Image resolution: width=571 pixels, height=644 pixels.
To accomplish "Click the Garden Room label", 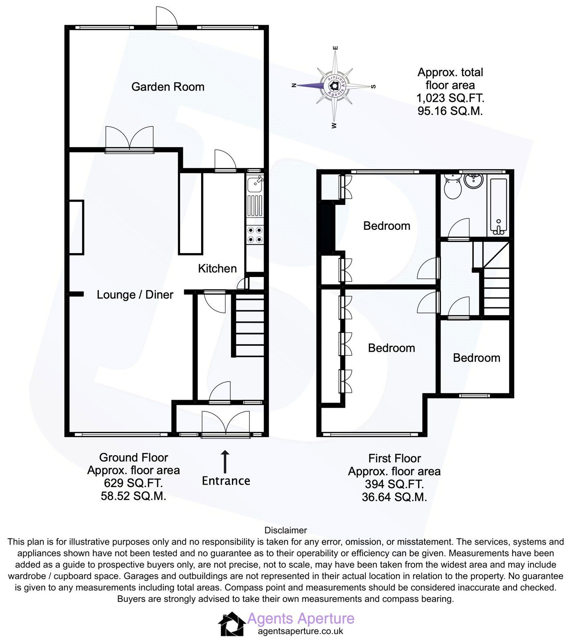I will tap(168, 87).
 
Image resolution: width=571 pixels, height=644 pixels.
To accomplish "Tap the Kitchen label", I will tap(217, 268).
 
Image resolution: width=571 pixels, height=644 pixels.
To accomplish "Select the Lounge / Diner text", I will tap(135, 295).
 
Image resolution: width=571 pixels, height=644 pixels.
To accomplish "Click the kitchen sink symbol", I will tap(255, 184).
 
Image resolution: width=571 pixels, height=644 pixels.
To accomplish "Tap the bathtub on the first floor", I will tap(498, 206).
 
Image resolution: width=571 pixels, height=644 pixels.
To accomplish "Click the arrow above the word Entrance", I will tap(225, 462).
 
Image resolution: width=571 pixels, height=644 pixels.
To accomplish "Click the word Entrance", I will tap(226, 481).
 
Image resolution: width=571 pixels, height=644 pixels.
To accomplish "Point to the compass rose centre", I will tap(334, 86).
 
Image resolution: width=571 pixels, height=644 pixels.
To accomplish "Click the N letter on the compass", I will tap(294, 85).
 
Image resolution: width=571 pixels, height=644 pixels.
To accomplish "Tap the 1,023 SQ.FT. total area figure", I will tap(450, 98).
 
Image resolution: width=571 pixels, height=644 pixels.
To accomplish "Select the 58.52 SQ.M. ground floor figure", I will tap(133, 496).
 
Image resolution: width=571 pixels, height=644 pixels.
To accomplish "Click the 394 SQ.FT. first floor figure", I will tap(394, 484).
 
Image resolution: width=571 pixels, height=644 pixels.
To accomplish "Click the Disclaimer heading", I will tap(285, 530).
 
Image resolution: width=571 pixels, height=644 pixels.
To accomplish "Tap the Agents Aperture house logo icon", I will tap(232, 624).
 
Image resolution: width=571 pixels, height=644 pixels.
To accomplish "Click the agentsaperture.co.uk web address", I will tap(300, 631).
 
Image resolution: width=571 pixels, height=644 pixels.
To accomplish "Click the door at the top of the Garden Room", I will tap(166, 18).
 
